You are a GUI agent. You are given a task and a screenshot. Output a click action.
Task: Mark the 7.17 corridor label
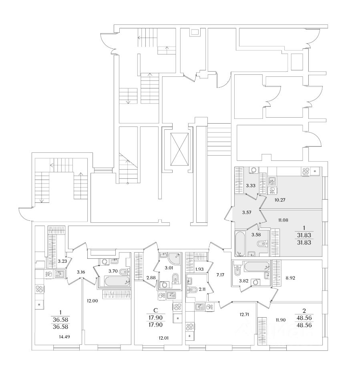pyautogui.click(x=221, y=276)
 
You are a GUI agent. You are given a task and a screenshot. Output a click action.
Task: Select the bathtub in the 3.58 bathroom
pyautogui.click(x=240, y=242)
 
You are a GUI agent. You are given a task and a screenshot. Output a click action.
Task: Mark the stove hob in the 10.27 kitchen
pyautogui.click(x=306, y=171)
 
